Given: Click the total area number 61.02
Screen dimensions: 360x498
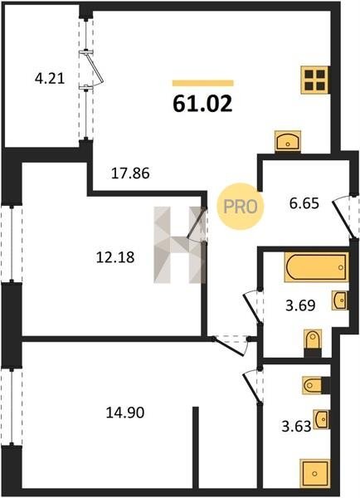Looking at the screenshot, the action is [x=202, y=104].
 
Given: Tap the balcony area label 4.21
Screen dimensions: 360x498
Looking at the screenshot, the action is [x=50, y=79].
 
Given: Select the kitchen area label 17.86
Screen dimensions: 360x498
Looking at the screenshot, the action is [x=130, y=173].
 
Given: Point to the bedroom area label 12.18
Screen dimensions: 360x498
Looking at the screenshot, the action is [x=115, y=257].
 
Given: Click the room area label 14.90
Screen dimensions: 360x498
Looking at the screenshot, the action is [x=125, y=413].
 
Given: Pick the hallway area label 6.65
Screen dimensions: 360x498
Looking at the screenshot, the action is [x=304, y=203].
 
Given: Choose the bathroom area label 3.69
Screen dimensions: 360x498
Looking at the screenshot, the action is [x=300, y=305].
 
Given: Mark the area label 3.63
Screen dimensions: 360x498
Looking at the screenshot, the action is [x=296, y=427].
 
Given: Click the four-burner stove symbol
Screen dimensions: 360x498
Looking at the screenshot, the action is [x=315, y=80].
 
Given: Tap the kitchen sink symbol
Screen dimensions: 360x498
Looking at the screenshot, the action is [x=288, y=141].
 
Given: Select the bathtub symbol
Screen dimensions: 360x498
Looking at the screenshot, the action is [x=316, y=267].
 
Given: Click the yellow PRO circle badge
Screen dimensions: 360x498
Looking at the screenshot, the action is [x=241, y=207].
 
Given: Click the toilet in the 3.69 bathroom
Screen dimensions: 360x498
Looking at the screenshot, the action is [x=313, y=343].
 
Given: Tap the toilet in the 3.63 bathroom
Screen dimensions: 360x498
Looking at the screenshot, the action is [x=315, y=385].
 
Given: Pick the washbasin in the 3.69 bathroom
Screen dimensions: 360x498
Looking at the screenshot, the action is [x=340, y=300].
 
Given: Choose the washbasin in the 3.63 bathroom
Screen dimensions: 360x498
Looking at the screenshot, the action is [x=321, y=419].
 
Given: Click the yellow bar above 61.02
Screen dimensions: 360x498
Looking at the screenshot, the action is [x=203, y=83].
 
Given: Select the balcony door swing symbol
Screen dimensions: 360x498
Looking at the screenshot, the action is [x=94, y=68].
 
